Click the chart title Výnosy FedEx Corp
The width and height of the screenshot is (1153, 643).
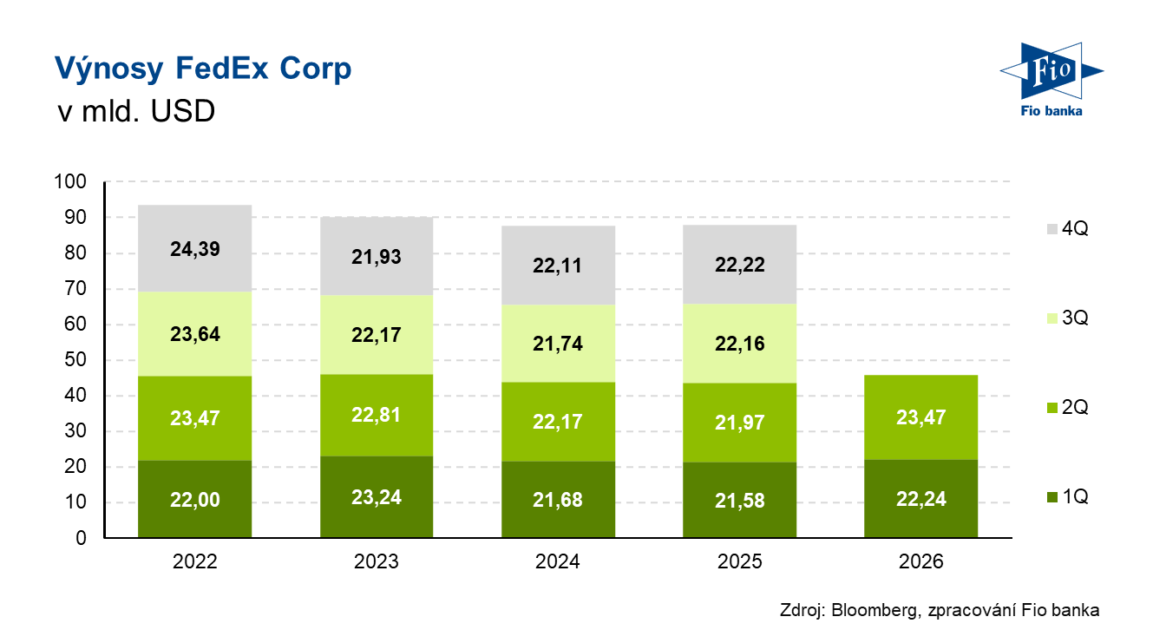[x=203, y=69]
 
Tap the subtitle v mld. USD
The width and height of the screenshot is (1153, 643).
[x=134, y=112]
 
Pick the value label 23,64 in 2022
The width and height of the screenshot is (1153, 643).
[x=195, y=334]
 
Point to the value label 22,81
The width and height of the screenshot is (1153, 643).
[x=377, y=415]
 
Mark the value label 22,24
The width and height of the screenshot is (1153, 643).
[x=921, y=500]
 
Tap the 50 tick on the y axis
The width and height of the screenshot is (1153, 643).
[x=75, y=360]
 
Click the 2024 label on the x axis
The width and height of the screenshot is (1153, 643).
[x=558, y=562]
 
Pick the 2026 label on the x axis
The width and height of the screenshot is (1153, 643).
[x=920, y=562]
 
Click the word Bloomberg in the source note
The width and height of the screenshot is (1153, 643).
[x=873, y=611]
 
